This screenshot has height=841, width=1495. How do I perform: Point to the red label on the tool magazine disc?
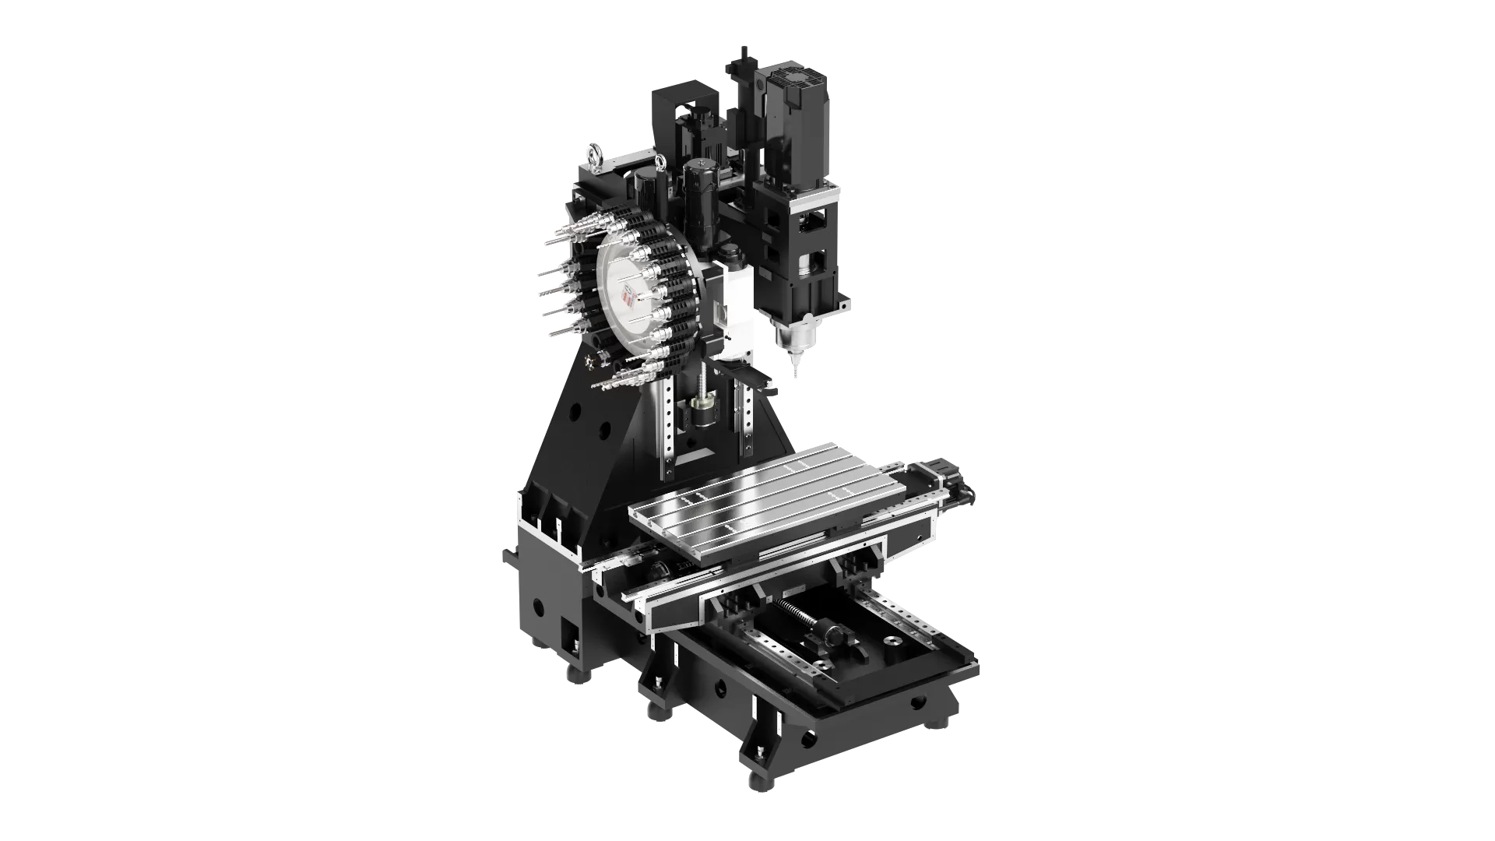pyautogui.click(x=631, y=298)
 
